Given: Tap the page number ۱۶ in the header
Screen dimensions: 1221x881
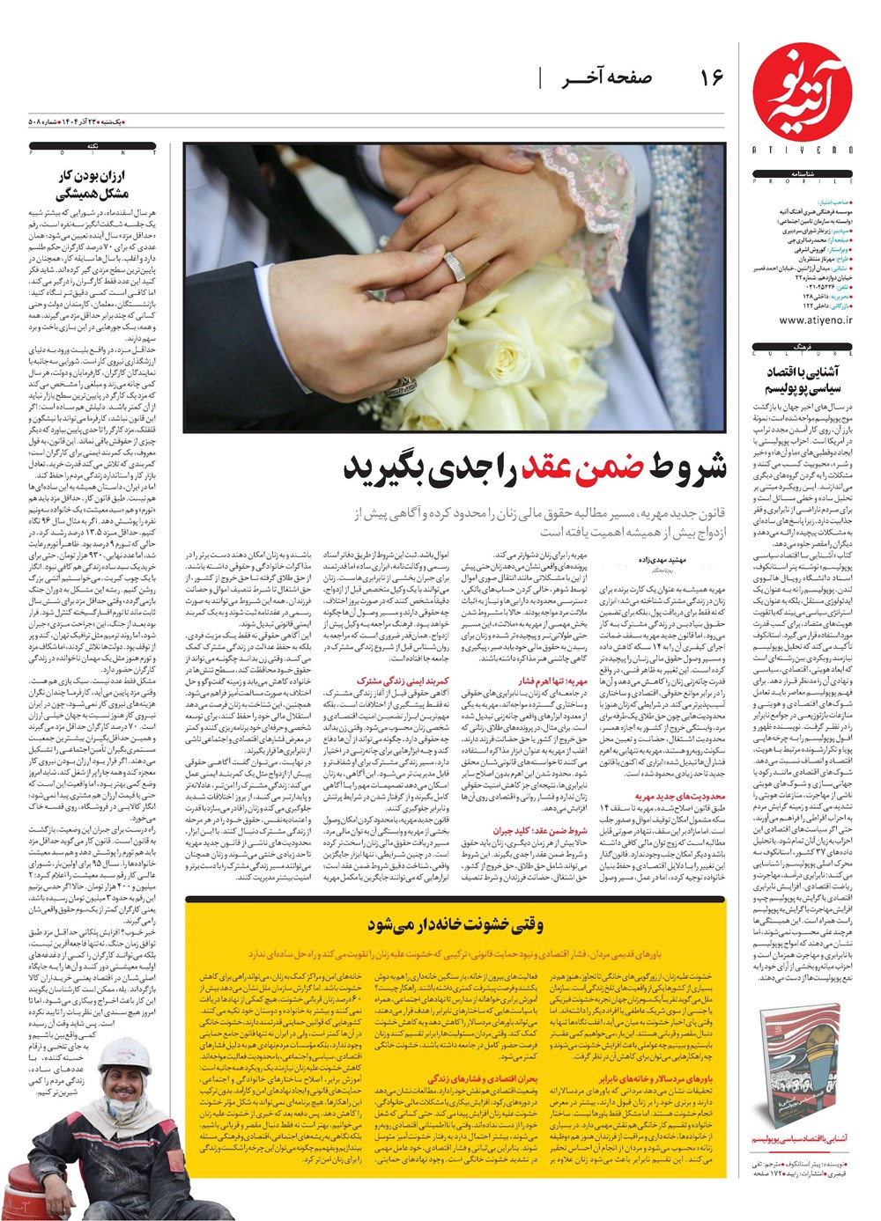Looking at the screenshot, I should click(711, 78).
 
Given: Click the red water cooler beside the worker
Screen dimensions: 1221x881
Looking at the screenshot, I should click(26, 1188).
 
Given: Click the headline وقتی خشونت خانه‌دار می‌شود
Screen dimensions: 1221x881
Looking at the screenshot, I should click(455, 924).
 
